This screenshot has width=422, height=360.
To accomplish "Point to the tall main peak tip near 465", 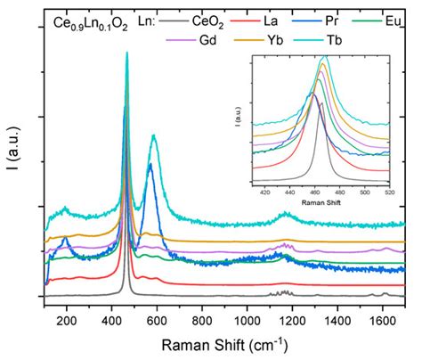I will click(126, 53).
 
